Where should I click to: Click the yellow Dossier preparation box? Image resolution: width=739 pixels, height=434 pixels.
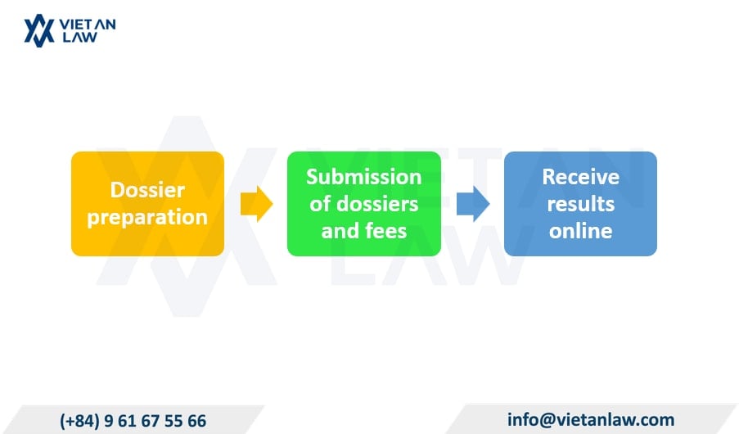click(147, 204)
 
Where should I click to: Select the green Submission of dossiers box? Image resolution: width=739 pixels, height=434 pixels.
click(364, 204)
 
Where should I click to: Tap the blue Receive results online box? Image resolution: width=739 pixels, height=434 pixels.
click(581, 204)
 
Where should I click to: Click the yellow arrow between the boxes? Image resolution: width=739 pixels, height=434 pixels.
click(256, 204)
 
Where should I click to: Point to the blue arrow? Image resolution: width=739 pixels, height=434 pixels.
click(473, 204)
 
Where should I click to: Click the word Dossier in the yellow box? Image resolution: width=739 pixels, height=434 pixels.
click(147, 190)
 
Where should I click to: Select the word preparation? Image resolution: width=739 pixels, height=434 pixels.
click(147, 218)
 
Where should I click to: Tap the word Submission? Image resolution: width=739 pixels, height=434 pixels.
click(364, 177)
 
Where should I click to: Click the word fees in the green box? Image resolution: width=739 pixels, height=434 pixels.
click(386, 231)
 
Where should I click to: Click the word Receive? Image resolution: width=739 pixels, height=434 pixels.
click(581, 177)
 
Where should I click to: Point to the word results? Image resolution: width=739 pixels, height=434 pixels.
click(581, 204)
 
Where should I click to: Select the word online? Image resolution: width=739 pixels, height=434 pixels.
click(581, 231)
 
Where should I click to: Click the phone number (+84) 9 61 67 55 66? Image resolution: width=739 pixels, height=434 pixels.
click(133, 421)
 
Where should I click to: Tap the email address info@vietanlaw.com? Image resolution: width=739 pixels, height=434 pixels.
click(591, 419)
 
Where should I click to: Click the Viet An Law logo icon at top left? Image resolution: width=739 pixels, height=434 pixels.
click(39, 30)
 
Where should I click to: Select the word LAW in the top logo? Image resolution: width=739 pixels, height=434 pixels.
click(80, 38)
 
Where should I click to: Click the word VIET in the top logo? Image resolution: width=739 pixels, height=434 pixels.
click(75, 25)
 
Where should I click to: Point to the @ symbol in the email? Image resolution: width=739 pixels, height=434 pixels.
click(552, 420)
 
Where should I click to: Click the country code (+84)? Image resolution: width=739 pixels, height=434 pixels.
click(79, 421)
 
